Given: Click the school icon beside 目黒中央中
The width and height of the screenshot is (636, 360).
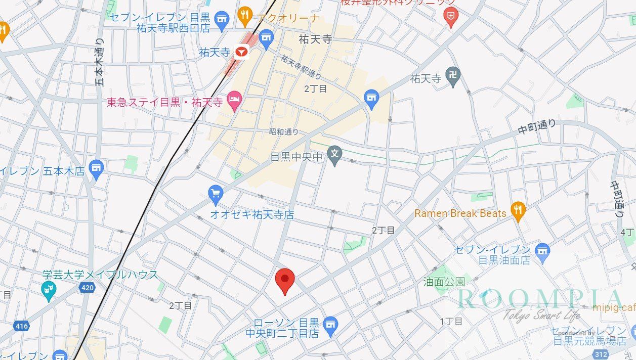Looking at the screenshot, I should pyautogui.click(x=334, y=155).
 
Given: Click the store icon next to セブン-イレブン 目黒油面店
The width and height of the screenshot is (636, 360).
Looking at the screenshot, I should pyautogui.click(x=542, y=251).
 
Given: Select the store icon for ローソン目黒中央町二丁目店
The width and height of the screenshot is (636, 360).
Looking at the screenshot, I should pyautogui.click(x=330, y=324).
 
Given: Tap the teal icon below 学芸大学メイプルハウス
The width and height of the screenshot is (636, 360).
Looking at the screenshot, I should pyautogui.click(x=49, y=291).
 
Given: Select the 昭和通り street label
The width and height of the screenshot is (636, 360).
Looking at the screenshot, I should pyautogui.click(x=283, y=132).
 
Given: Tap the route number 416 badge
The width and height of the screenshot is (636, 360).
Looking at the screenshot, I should pyautogui.click(x=21, y=326).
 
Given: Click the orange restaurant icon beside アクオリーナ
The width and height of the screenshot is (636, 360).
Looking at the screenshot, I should pyautogui.click(x=245, y=17).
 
